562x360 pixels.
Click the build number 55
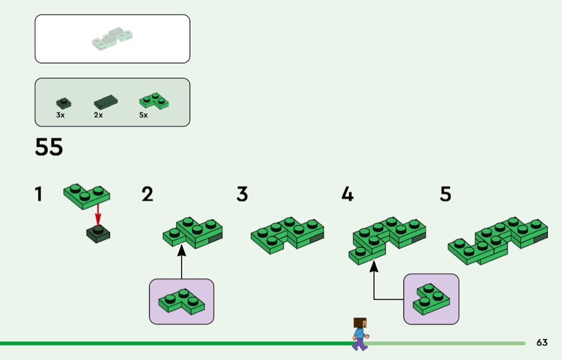point(49,147)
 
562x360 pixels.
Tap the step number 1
point(39,194)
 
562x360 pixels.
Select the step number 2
point(147,194)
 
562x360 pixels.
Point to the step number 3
point(242,194)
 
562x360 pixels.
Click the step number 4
point(347,194)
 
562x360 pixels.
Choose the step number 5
point(445,194)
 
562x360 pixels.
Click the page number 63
point(542,343)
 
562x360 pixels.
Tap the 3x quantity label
point(60,115)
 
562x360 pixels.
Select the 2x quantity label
point(98,115)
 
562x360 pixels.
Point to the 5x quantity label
point(143,115)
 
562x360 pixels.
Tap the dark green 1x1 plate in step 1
point(98,234)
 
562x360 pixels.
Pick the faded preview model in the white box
point(112,40)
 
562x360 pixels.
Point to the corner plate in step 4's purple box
point(431,299)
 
